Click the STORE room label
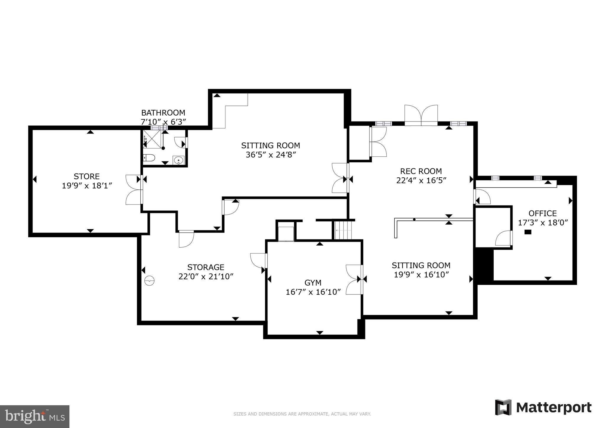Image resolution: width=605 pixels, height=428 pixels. (x=87, y=176)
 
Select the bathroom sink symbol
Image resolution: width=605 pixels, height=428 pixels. (x=178, y=160)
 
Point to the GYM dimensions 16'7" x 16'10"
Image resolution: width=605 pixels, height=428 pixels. (x=313, y=292)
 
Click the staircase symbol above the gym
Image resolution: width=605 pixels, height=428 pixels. (x=343, y=230)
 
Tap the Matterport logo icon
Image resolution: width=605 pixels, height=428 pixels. (x=503, y=407)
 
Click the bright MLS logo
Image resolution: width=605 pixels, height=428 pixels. (x=35, y=416)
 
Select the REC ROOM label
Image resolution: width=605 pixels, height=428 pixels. (x=421, y=171)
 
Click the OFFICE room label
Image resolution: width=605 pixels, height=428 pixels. (x=542, y=213)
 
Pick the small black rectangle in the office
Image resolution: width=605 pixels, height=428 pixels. (x=528, y=232)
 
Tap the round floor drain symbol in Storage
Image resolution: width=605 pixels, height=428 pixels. (x=150, y=281)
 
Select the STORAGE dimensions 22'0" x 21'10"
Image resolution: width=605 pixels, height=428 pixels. (x=206, y=277)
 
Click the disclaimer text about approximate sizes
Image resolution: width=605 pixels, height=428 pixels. (x=302, y=414)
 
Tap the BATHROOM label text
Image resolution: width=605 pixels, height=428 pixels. (x=163, y=113)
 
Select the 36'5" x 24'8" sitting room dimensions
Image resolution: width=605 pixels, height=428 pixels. (x=271, y=155)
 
